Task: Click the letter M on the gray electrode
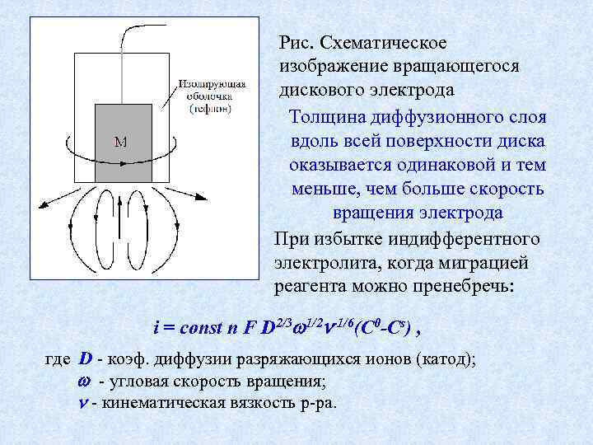[x=120, y=141]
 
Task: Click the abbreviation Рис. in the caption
[x=295, y=41]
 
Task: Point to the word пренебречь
[x=465, y=287]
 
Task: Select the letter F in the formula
[x=248, y=326]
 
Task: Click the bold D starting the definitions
[x=86, y=360]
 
